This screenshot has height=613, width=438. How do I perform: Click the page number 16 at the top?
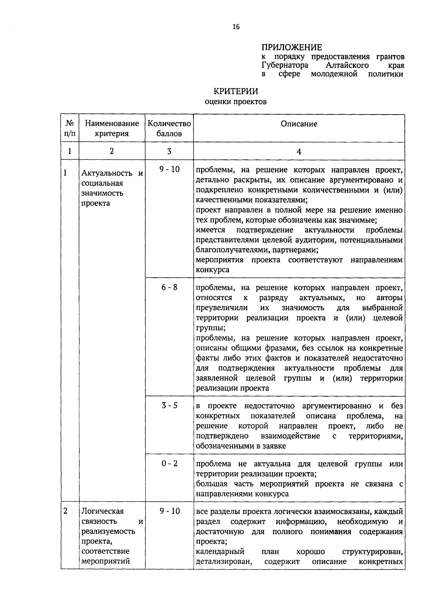(x=236, y=27)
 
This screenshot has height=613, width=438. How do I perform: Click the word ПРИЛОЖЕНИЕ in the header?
(x=292, y=47)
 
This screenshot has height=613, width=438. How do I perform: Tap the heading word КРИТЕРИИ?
(x=236, y=91)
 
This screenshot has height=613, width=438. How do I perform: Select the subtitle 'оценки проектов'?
(x=236, y=102)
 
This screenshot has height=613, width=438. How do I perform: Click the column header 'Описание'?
(x=299, y=124)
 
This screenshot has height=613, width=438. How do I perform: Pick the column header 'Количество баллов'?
(x=169, y=128)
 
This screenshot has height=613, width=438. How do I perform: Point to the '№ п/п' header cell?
(x=70, y=128)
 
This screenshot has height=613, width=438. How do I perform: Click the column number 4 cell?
(x=299, y=151)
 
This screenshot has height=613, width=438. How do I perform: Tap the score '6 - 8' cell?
(x=169, y=287)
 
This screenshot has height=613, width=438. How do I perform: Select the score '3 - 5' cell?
(x=169, y=405)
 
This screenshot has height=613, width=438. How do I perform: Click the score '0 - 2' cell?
(x=169, y=463)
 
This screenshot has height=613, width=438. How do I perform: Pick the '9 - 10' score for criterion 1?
(x=169, y=169)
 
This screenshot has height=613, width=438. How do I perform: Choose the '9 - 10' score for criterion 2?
(x=169, y=511)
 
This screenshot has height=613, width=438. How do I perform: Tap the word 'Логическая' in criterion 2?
(x=103, y=511)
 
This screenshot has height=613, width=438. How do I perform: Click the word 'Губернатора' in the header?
(x=285, y=66)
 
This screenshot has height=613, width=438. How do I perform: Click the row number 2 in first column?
(x=66, y=511)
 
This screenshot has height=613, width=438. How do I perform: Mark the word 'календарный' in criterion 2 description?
(x=220, y=551)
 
